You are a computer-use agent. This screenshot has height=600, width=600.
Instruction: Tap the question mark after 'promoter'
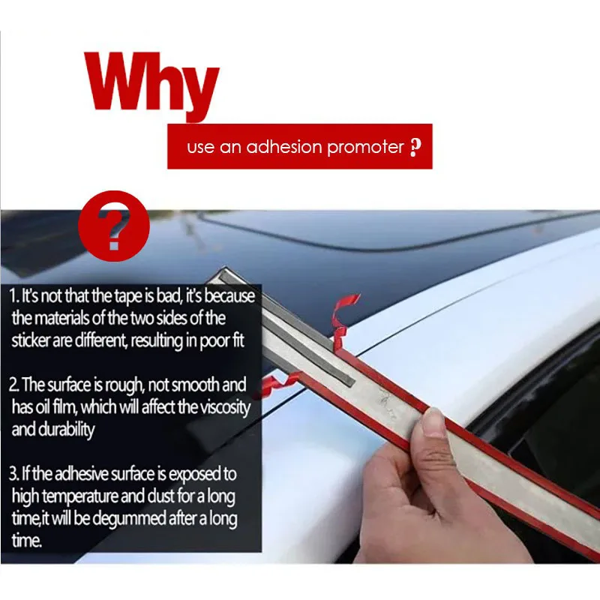point(415,147)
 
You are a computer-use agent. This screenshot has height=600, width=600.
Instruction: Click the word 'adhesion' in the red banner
point(284,146)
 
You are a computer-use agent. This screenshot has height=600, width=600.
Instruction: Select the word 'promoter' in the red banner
point(365,147)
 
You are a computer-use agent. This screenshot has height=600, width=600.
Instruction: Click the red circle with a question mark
point(114,226)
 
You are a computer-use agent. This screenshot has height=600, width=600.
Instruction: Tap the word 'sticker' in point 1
point(31,340)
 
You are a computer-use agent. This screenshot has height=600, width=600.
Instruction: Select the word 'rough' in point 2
point(123,385)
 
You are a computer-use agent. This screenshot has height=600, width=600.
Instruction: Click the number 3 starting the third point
point(13,474)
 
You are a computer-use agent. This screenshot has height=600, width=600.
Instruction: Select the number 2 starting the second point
point(13,385)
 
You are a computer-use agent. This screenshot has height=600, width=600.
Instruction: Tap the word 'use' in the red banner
point(200,148)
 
